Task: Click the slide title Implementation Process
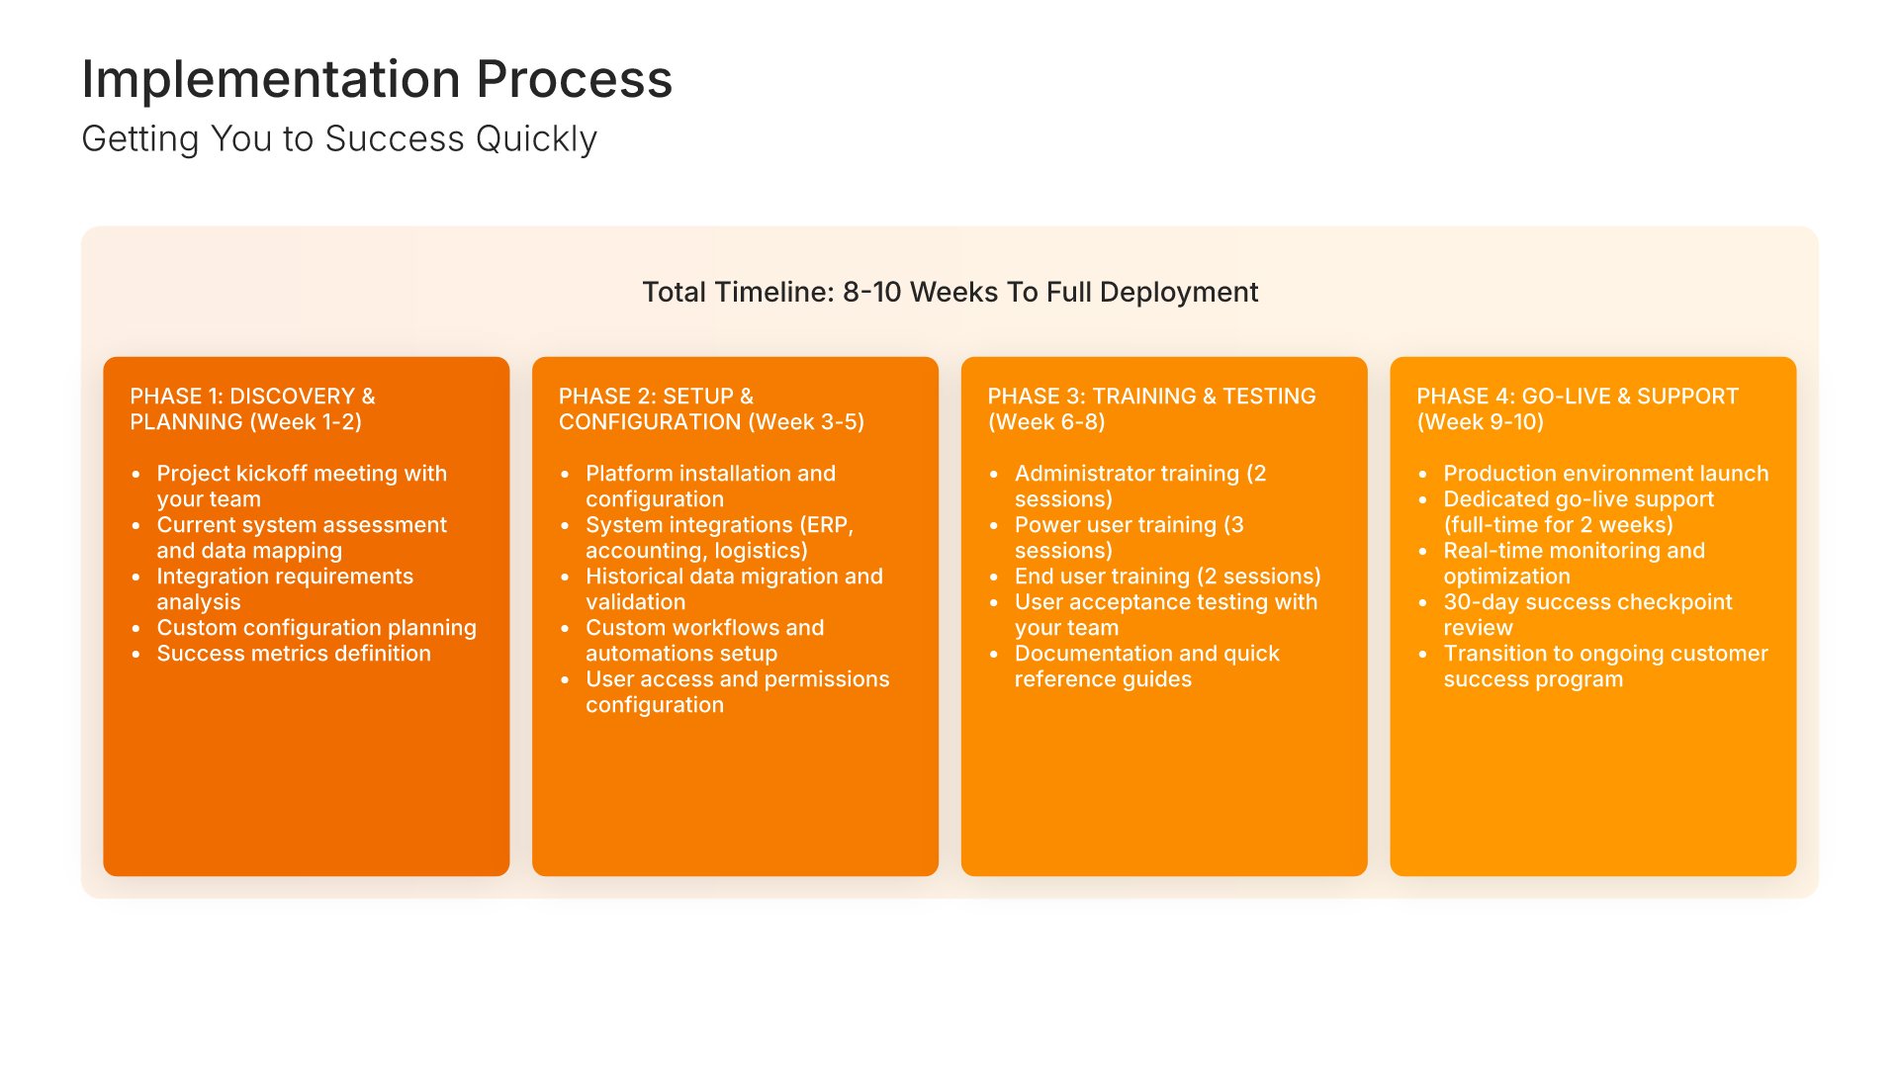[377, 79]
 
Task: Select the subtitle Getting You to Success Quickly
[339, 139]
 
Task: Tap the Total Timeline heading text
[949, 292]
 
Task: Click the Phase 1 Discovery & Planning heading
[252, 408]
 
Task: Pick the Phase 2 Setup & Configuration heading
[711, 408]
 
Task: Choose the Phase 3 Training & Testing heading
[1151, 408]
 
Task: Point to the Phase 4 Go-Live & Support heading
[1577, 408]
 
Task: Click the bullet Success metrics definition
[294, 654]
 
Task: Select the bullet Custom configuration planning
[316, 628]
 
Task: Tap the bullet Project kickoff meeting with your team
[302, 486]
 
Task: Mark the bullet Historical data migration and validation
[734, 588]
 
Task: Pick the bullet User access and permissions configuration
[738, 691]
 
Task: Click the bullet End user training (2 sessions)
[1168, 577]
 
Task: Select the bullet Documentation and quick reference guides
[1147, 666]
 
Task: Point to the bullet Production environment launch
[1606, 474]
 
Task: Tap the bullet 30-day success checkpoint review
[1587, 614]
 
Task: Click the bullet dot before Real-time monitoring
[1422, 551]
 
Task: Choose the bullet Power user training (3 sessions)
[1130, 537]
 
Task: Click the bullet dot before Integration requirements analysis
[136, 577]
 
